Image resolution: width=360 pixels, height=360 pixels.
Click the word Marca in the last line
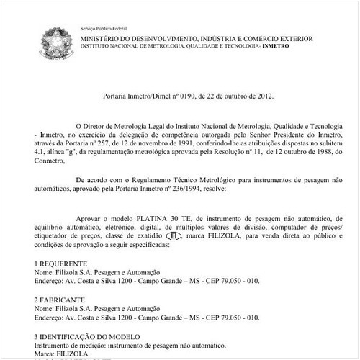click(x=45, y=354)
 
